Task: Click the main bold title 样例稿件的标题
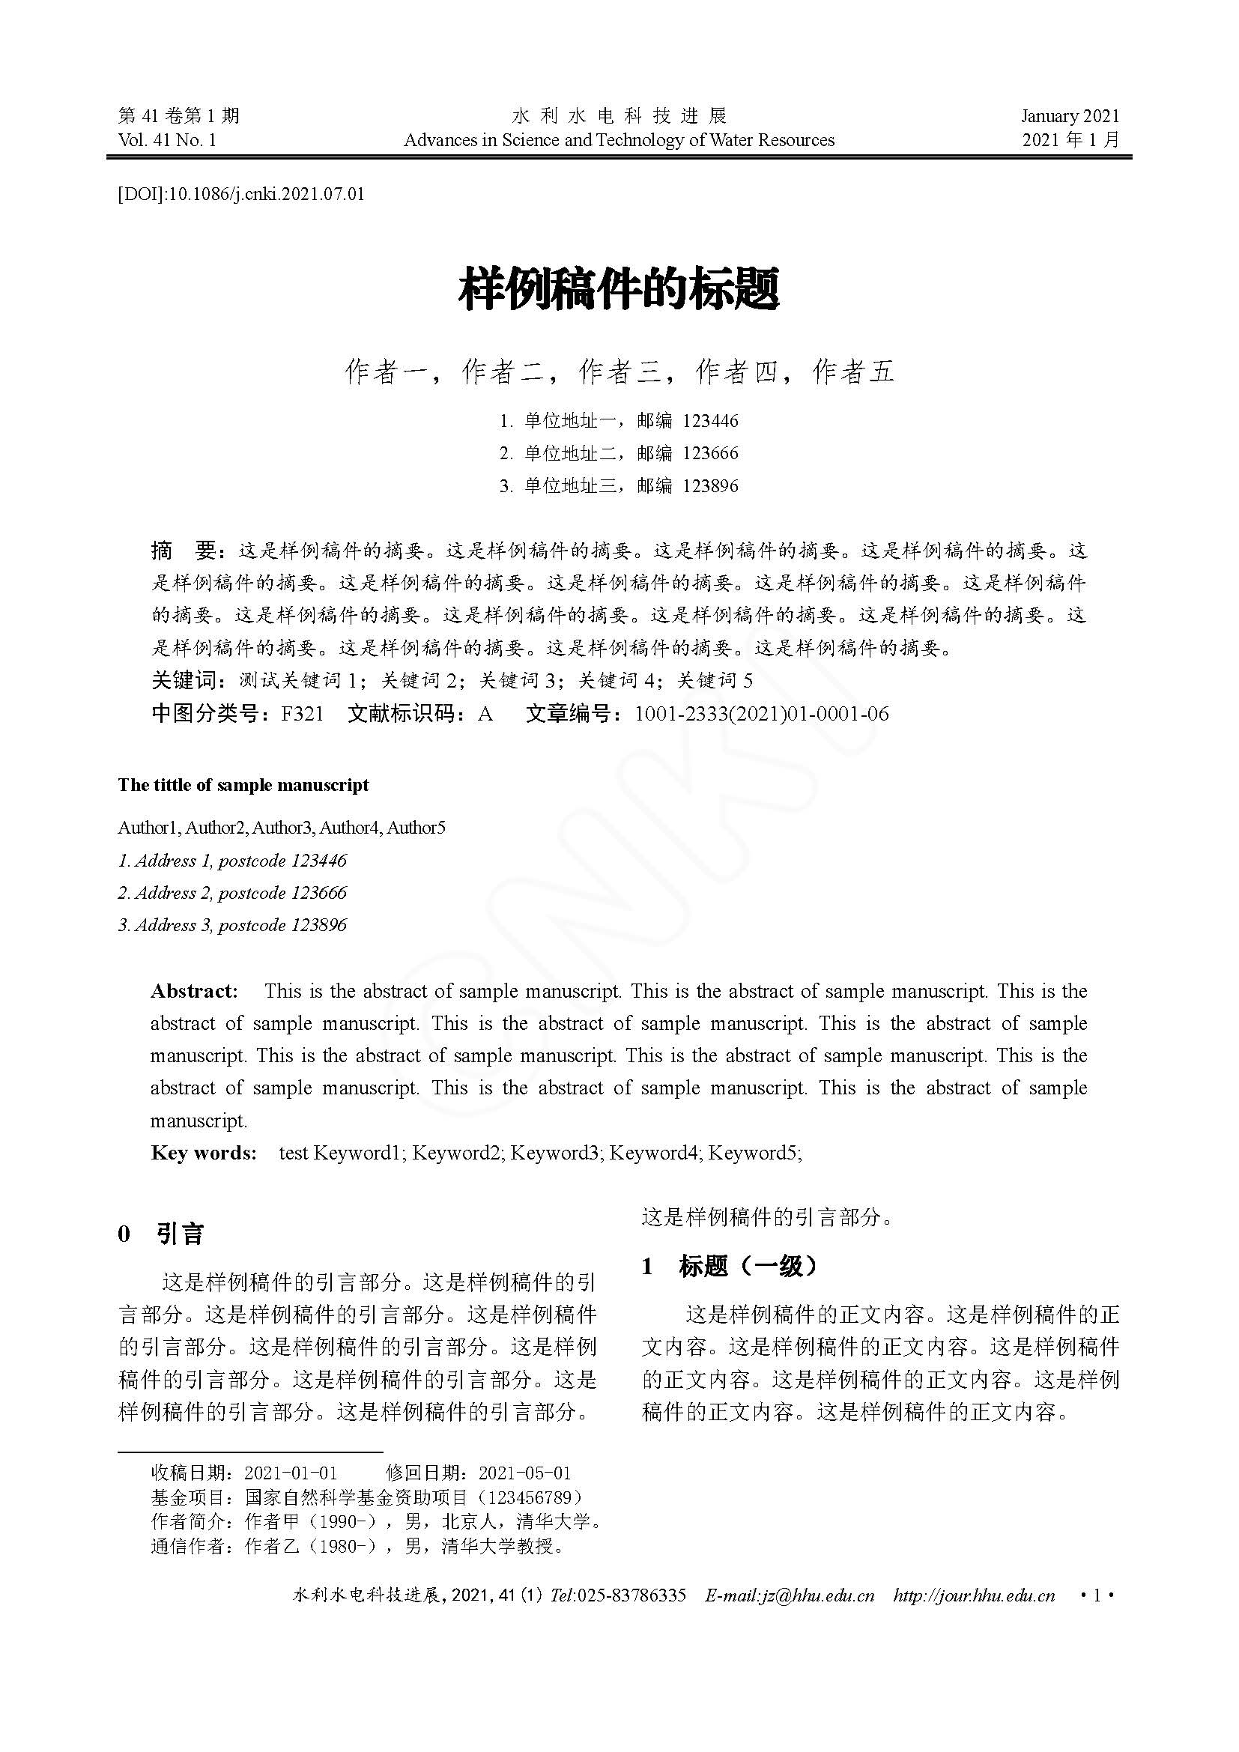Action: tap(619, 289)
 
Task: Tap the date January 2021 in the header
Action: tap(1070, 116)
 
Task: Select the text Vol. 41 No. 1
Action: tap(167, 139)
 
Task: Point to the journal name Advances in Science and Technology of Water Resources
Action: tap(619, 139)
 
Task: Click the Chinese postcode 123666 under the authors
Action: tap(710, 453)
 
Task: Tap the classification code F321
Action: tap(302, 715)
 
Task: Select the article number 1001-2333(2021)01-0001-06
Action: tap(761, 715)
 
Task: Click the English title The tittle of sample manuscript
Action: tap(243, 785)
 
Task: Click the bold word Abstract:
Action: tap(195, 991)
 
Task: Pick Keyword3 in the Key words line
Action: tap(557, 1152)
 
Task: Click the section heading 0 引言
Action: tap(161, 1234)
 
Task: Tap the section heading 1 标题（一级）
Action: tap(730, 1267)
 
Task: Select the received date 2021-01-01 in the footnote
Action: tap(291, 1473)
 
